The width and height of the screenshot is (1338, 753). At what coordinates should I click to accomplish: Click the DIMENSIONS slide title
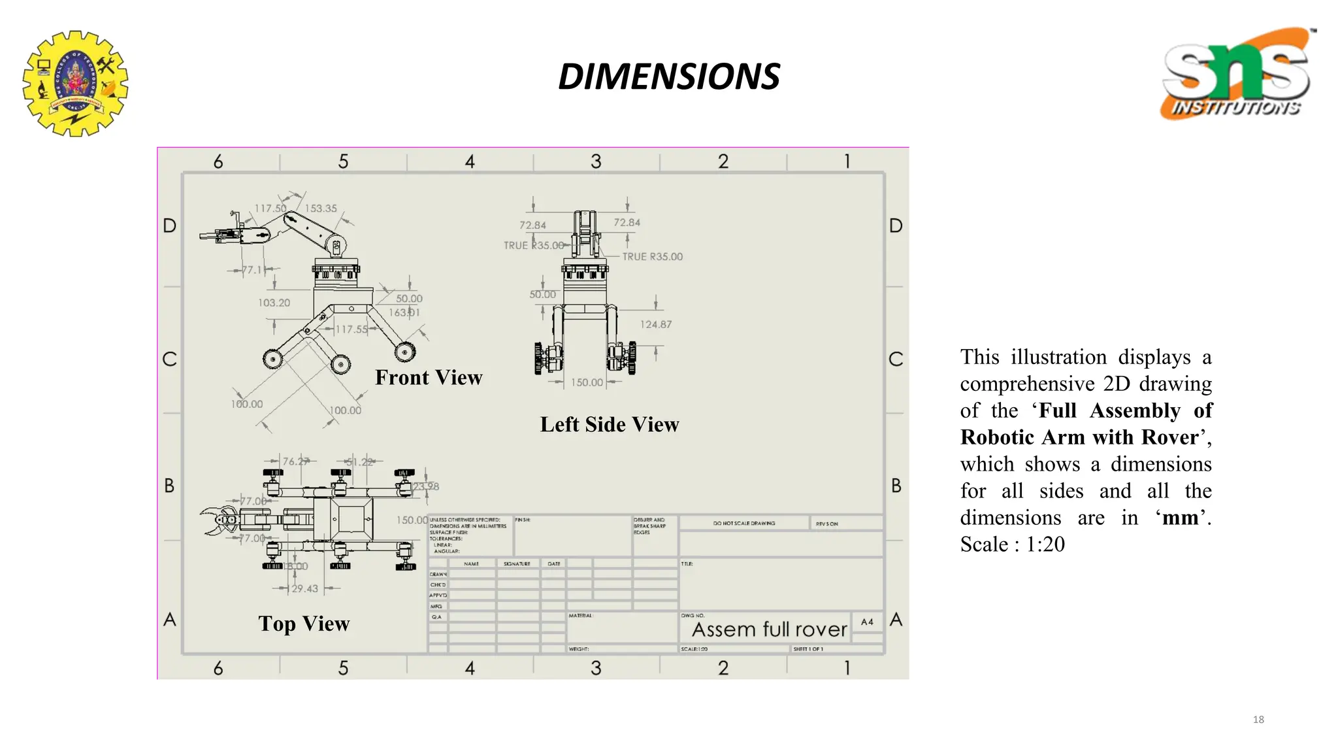(x=668, y=76)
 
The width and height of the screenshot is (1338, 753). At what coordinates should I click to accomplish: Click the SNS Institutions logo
(x=1236, y=74)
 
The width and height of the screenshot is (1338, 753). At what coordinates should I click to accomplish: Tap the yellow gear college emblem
(x=75, y=83)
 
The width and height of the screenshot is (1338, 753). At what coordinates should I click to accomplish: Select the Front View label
(x=429, y=378)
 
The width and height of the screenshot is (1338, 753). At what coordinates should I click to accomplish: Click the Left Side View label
(x=609, y=425)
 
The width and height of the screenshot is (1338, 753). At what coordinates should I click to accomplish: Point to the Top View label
(x=304, y=624)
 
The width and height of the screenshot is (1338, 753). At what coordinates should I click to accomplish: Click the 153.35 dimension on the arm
(x=321, y=209)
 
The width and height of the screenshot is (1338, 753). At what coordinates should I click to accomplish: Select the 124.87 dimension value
(x=655, y=324)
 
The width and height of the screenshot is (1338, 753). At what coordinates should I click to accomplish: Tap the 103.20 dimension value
(x=274, y=303)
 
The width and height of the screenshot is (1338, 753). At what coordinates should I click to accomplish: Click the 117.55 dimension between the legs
(x=352, y=329)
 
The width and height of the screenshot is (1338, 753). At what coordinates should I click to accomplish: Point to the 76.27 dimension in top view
(x=295, y=461)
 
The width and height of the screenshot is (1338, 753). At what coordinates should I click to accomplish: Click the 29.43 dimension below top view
(x=304, y=589)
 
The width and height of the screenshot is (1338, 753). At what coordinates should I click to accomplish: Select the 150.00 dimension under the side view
(x=587, y=382)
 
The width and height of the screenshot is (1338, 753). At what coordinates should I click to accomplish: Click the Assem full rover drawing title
(x=769, y=629)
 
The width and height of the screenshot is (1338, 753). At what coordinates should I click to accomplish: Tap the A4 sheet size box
(x=867, y=622)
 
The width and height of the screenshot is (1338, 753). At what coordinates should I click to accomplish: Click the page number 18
(x=1258, y=720)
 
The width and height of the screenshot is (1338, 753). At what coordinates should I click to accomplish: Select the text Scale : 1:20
(x=1012, y=544)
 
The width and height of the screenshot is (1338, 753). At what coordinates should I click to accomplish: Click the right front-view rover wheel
(x=405, y=352)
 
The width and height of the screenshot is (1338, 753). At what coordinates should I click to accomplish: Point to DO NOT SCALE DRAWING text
(x=744, y=524)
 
